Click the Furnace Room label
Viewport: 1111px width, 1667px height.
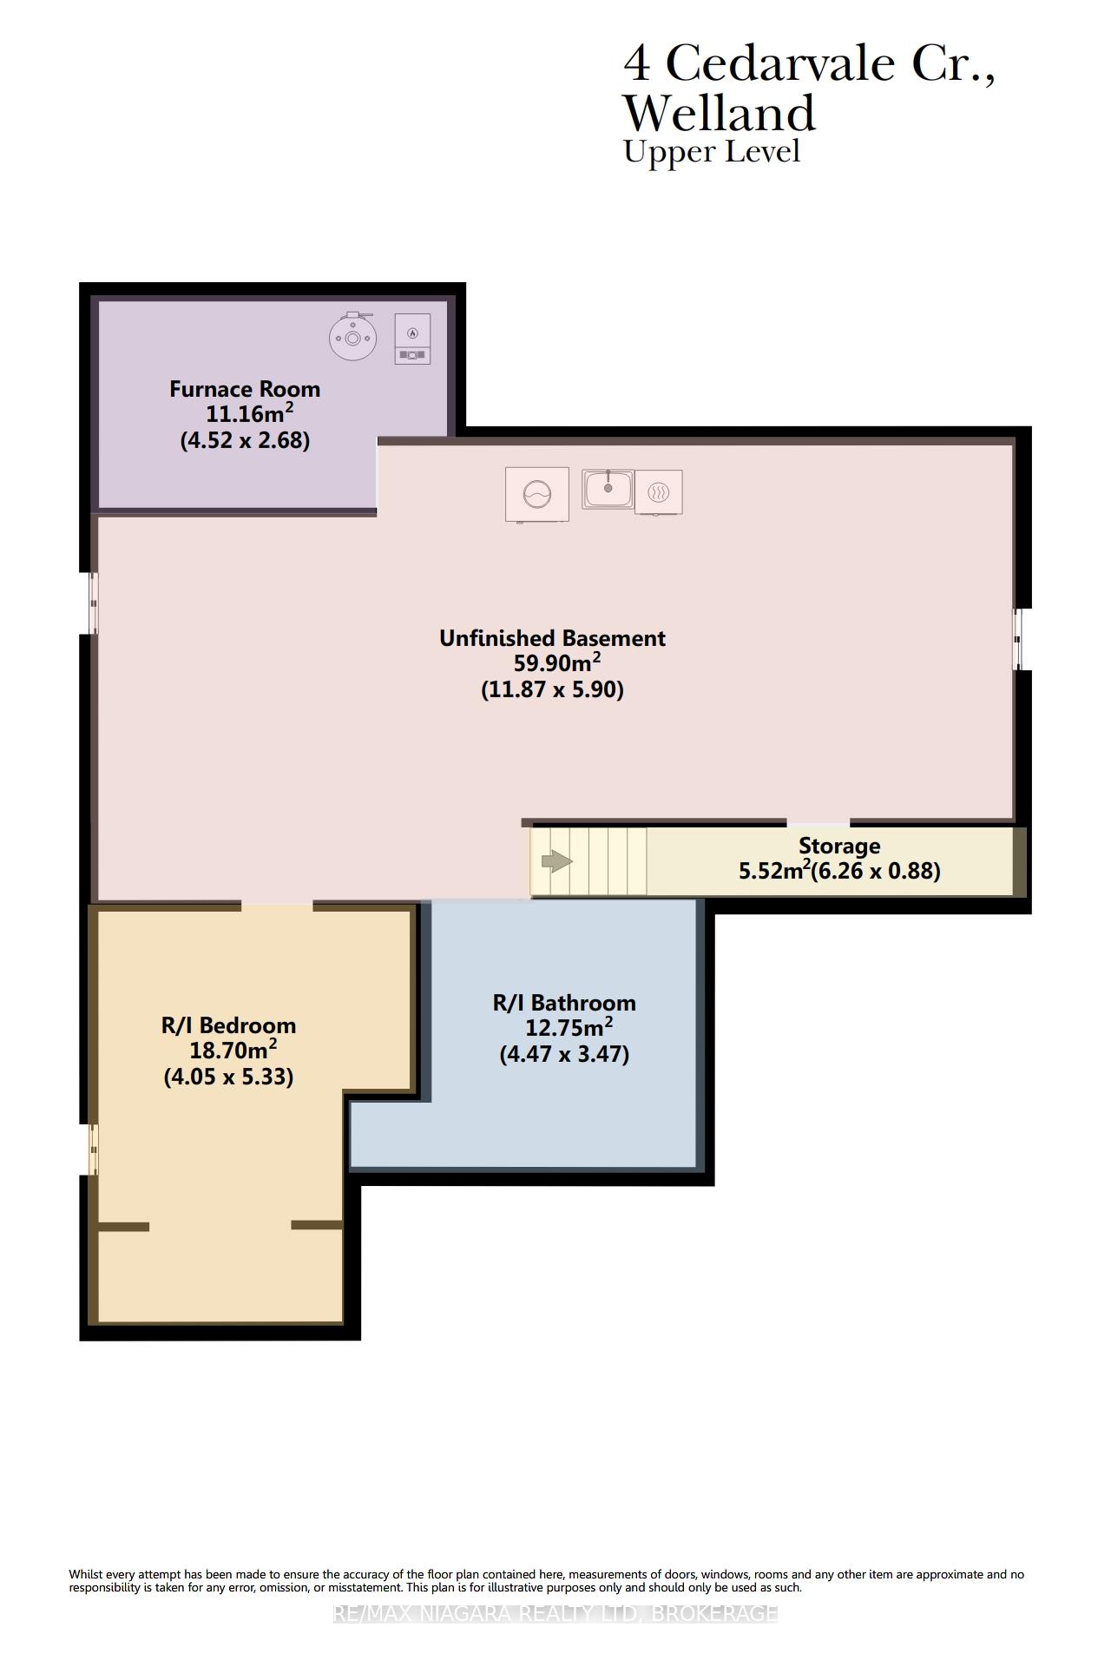tap(245, 389)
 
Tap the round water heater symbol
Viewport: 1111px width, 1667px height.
tap(353, 337)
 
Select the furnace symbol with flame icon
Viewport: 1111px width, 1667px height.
tap(412, 339)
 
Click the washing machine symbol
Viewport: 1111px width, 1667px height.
tap(537, 495)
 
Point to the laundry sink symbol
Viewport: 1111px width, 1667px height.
tap(608, 489)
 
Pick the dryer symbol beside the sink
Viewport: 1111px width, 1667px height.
tap(659, 492)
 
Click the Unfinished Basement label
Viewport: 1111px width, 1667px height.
tap(552, 638)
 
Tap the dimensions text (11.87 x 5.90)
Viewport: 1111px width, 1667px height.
tap(553, 689)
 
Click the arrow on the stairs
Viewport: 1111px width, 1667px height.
tap(556, 862)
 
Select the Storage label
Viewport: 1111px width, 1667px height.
tap(839, 846)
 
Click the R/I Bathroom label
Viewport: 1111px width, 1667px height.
tap(564, 1003)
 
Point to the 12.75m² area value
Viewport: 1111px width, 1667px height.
tap(569, 1027)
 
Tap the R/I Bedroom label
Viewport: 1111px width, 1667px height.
tap(228, 1025)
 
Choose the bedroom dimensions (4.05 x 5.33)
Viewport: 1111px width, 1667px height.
tap(228, 1077)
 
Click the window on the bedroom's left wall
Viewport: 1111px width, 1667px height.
tap(94, 1150)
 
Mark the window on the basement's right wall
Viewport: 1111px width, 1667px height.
tap(1019, 639)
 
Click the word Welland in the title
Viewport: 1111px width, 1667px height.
tap(720, 113)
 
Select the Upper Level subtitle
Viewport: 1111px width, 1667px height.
tap(712, 152)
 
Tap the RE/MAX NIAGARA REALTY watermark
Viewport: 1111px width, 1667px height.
tap(555, 1613)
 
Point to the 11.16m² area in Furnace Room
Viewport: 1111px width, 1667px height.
tap(249, 413)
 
